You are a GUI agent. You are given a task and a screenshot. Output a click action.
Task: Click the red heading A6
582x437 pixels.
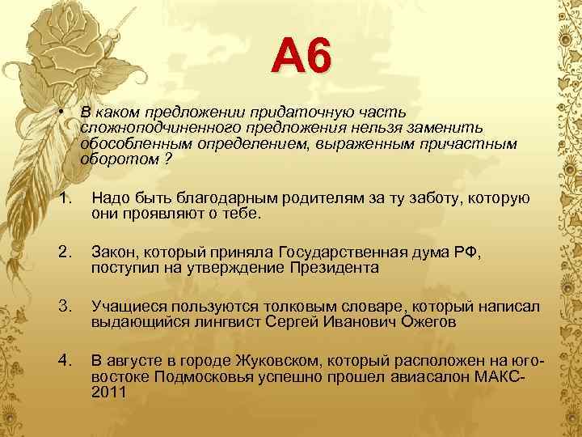301,57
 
